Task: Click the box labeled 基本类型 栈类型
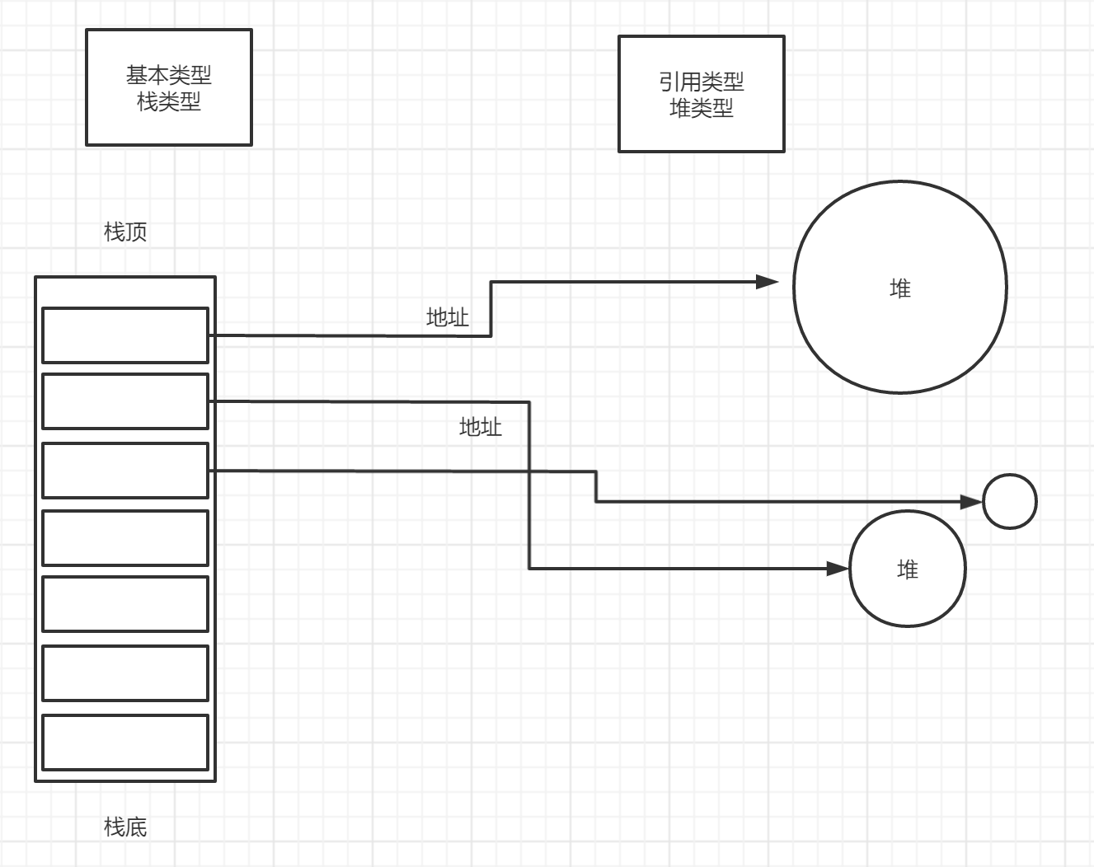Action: pyautogui.click(x=169, y=87)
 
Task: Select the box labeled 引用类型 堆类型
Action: pyautogui.click(x=702, y=94)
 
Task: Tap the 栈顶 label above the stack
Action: pyautogui.click(x=125, y=232)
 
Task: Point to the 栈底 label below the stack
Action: pyautogui.click(x=125, y=827)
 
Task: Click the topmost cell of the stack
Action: pyautogui.click(x=125, y=335)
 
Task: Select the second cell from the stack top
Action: pyautogui.click(x=125, y=401)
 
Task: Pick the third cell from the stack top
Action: pyautogui.click(x=125, y=471)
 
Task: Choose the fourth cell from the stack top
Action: pyautogui.click(x=125, y=538)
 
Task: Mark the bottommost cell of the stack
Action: pyautogui.click(x=125, y=743)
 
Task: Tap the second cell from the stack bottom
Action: pyautogui.click(x=125, y=673)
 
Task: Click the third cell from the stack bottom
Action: pyautogui.click(x=125, y=604)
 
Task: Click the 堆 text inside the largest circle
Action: pyautogui.click(x=900, y=288)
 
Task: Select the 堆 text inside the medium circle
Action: pyautogui.click(x=908, y=569)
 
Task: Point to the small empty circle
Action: pyautogui.click(x=1010, y=501)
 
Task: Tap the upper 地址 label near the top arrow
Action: pyautogui.click(x=447, y=317)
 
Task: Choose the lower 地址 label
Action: pyautogui.click(x=480, y=427)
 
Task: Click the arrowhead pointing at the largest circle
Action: pyautogui.click(x=768, y=282)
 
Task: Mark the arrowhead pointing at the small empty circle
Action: pyautogui.click(x=972, y=501)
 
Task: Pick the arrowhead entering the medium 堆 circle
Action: pyautogui.click(x=838, y=569)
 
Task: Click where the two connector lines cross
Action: pyautogui.click(x=529, y=471)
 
